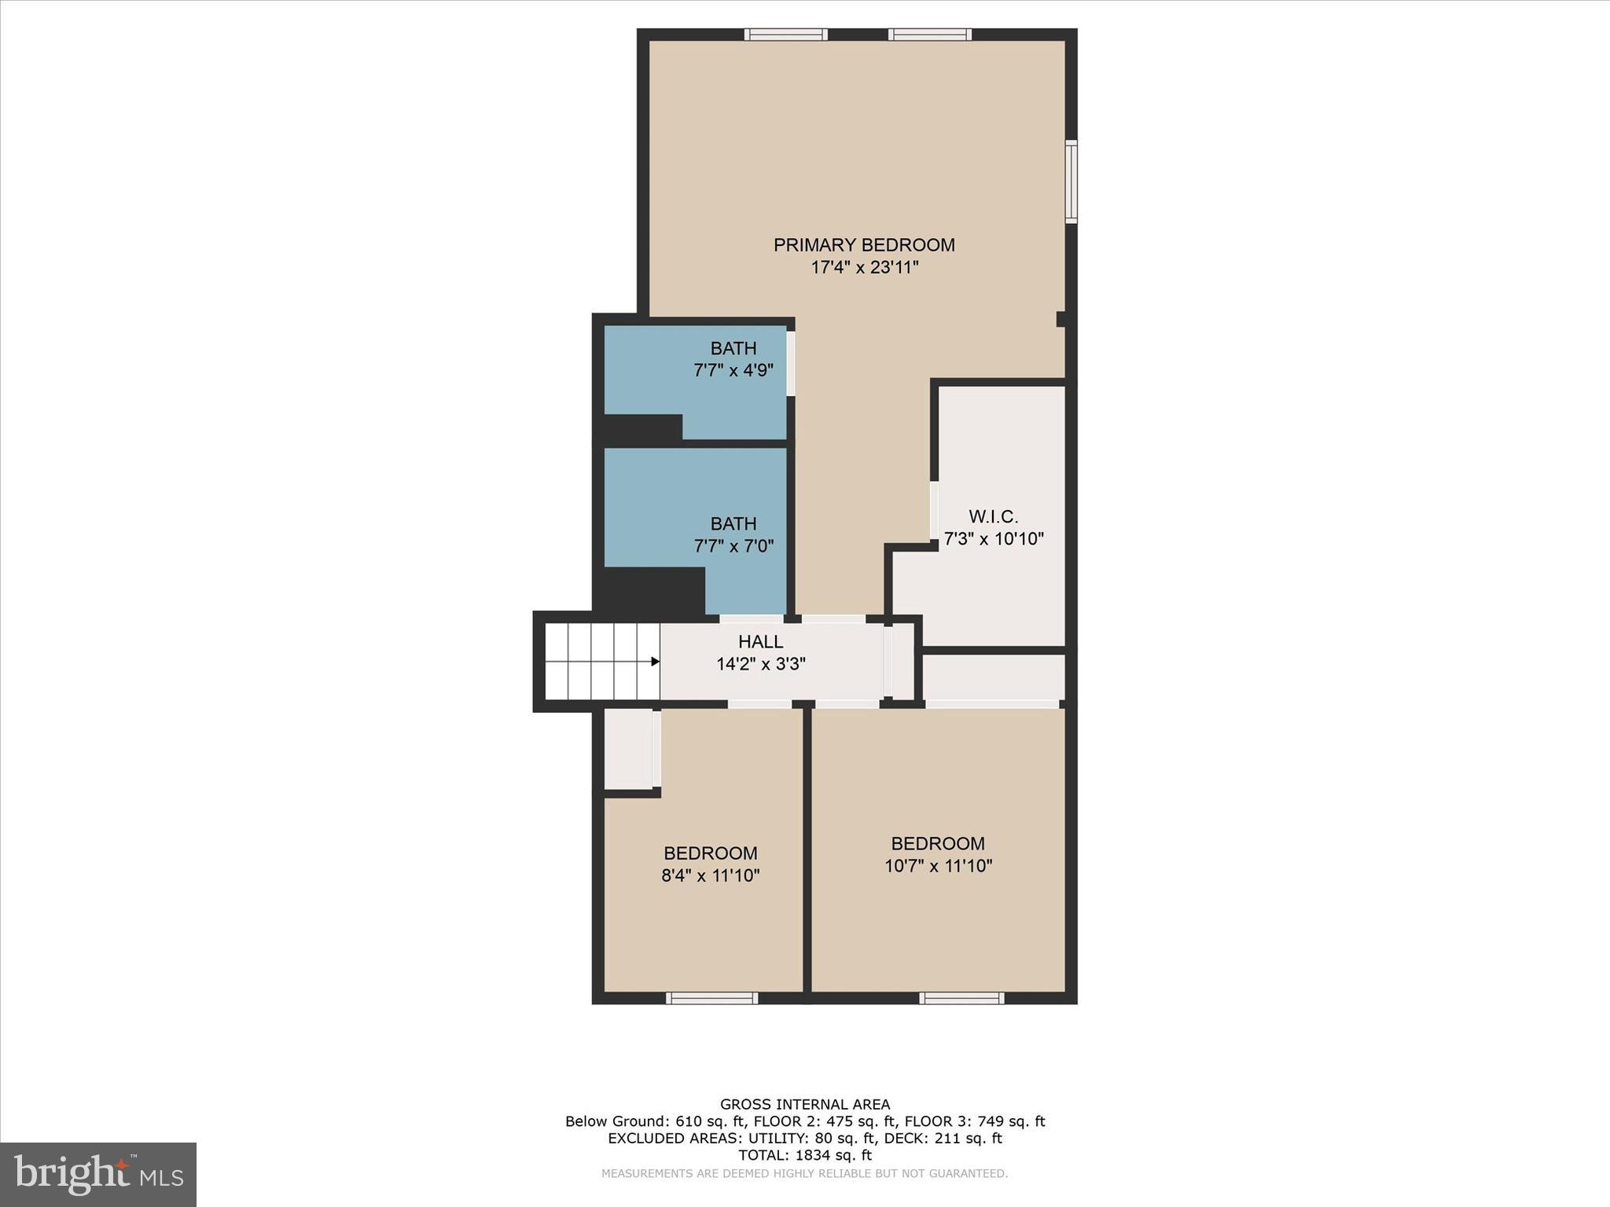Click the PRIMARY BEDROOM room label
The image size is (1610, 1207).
click(x=864, y=245)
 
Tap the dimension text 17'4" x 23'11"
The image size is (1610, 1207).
click(x=865, y=268)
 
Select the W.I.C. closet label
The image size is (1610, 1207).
click(x=993, y=517)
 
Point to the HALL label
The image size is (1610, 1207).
click(x=760, y=642)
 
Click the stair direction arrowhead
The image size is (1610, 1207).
click(x=655, y=662)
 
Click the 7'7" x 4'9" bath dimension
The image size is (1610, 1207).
click(x=733, y=370)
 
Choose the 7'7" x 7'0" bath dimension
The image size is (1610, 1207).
click(x=733, y=546)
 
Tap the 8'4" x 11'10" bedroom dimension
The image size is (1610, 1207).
click(x=710, y=875)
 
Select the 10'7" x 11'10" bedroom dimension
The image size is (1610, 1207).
click(x=938, y=866)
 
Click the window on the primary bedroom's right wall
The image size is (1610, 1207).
click(x=1071, y=182)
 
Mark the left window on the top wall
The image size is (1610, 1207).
click(x=785, y=35)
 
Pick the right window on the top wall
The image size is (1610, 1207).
click(x=930, y=35)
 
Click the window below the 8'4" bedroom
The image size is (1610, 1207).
click(x=711, y=998)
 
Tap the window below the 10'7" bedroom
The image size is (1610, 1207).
click(x=961, y=998)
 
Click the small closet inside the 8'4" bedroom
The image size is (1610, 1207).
click(x=628, y=748)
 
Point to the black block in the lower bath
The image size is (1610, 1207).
click(x=652, y=589)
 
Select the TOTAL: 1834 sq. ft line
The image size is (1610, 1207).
click(x=804, y=1155)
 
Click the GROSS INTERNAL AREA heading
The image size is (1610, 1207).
click(x=804, y=1105)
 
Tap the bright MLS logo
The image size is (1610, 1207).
click(x=98, y=1175)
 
